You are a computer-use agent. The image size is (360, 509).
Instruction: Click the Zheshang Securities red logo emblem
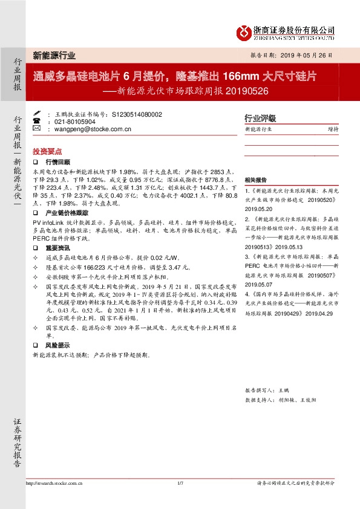(243, 31)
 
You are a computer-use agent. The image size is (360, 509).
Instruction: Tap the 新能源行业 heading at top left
(54, 56)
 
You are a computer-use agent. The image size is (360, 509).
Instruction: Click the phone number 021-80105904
(75, 122)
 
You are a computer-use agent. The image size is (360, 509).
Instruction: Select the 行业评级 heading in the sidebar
(260, 118)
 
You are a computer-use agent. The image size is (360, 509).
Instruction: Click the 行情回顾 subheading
(58, 163)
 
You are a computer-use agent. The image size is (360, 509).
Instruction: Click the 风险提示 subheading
(58, 345)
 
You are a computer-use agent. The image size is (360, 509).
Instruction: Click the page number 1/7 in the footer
(180, 483)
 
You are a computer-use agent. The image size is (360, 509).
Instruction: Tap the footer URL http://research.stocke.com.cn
(54, 483)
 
